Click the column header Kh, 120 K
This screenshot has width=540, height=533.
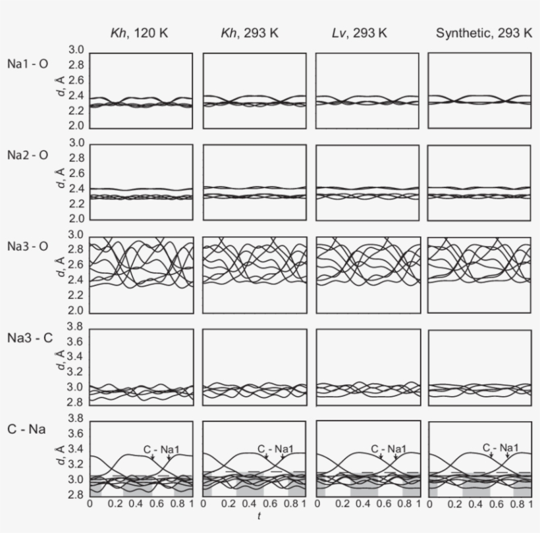pyautogui.click(x=141, y=34)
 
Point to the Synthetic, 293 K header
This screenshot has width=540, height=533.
pyautogui.click(x=484, y=34)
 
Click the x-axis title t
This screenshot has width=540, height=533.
pyautogui.click(x=259, y=518)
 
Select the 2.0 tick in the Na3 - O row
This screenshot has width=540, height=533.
pyautogui.click(x=77, y=311)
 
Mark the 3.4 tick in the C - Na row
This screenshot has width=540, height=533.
pyautogui.click(x=77, y=449)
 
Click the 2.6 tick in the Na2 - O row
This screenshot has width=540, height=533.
pyautogui.click(x=77, y=173)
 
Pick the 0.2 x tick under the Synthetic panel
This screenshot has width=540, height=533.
pyautogui.click(x=454, y=504)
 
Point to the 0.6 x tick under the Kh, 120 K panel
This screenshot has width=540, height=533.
pyautogui.click(x=152, y=504)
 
